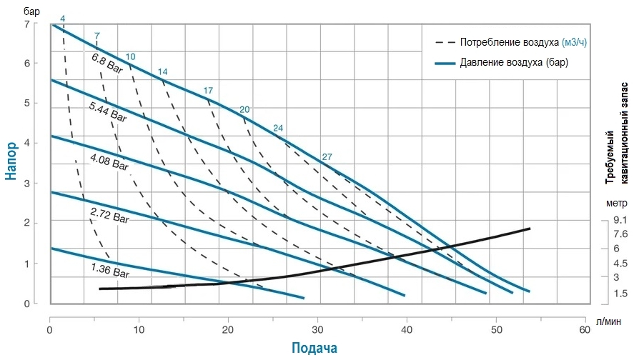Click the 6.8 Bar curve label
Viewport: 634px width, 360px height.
coord(107,63)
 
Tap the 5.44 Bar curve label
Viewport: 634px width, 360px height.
coord(108,111)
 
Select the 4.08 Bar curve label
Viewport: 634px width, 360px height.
coord(109,162)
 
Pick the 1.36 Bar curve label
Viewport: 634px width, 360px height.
coord(110,271)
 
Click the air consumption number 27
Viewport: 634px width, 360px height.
coord(327,157)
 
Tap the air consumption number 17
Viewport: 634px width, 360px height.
coord(208,91)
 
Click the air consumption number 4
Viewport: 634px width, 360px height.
coord(63,17)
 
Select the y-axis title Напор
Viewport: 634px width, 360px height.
coord(12,162)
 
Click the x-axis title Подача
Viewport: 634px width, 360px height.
coord(314,348)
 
